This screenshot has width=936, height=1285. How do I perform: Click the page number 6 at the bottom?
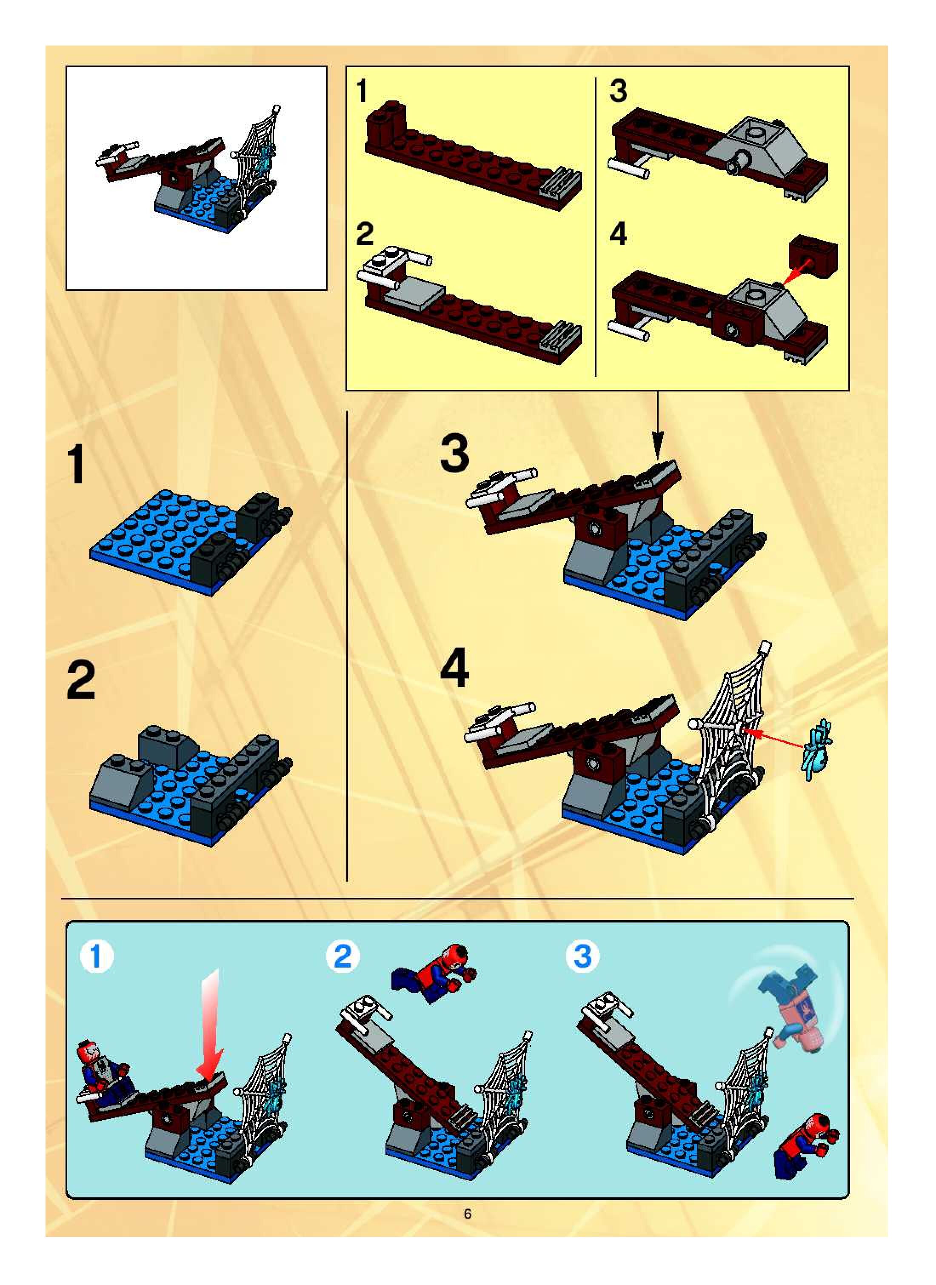point(468,1214)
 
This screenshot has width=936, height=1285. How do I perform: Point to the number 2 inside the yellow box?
point(365,234)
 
